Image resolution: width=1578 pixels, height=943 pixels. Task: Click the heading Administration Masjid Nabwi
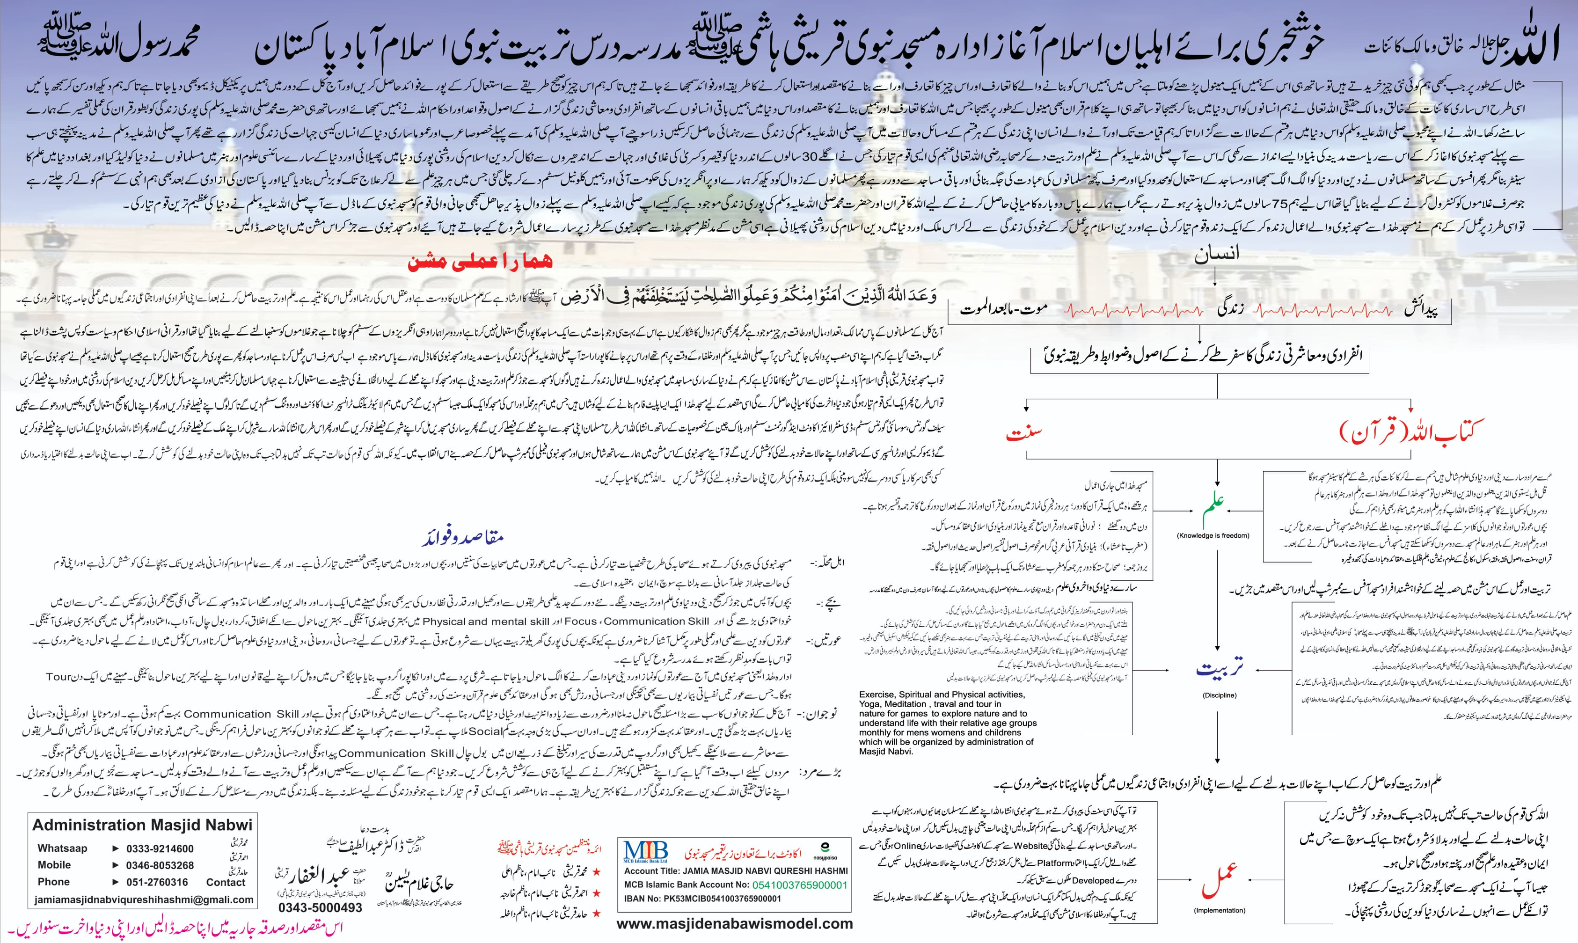pyautogui.click(x=142, y=825)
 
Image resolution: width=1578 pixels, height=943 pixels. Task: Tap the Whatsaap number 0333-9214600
pyautogui.click(x=160, y=849)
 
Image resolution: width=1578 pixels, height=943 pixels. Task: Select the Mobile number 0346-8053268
pyautogui.click(x=160, y=865)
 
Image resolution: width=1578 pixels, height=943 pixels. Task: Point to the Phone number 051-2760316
pyautogui.click(x=157, y=882)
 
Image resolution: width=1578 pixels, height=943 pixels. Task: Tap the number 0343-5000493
pyautogui.click(x=320, y=907)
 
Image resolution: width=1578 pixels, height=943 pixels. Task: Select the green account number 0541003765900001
pyautogui.click(x=800, y=885)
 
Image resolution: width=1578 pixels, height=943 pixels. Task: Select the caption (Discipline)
pyautogui.click(x=1219, y=695)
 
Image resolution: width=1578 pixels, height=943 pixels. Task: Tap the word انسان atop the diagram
pyautogui.click(x=1217, y=255)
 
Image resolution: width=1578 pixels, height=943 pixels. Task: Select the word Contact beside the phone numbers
pyautogui.click(x=226, y=882)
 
